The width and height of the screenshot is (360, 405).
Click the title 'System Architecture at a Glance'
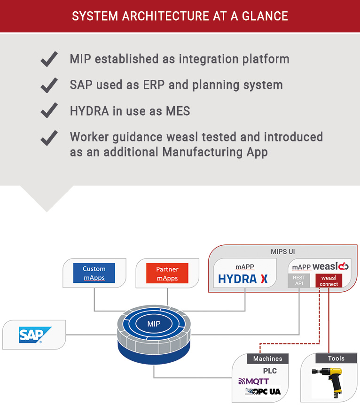[180, 16]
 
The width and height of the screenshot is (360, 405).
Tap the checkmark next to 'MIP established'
[49, 59]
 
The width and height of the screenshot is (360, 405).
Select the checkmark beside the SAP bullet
[49, 85]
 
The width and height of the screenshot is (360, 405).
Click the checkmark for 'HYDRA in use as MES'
[49, 111]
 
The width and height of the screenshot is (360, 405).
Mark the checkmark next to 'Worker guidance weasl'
[49, 138]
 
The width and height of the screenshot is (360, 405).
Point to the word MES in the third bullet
[178, 111]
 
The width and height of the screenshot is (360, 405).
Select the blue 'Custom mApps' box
[94, 273]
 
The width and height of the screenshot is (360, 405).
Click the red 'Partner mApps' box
[167, 273]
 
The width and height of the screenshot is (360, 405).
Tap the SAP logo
[31, 335]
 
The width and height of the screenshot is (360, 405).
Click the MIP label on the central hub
[154, 324]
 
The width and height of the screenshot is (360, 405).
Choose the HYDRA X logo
[243, 279]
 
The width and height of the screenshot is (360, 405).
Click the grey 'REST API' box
[299, 281]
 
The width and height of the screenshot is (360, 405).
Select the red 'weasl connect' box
[329, 281]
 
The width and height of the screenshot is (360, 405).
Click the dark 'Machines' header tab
[267, 358]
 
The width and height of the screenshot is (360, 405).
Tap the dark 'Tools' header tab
[336, 358]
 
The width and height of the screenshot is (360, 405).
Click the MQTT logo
[254, 381]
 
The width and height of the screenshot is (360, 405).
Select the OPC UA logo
[264, 391]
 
